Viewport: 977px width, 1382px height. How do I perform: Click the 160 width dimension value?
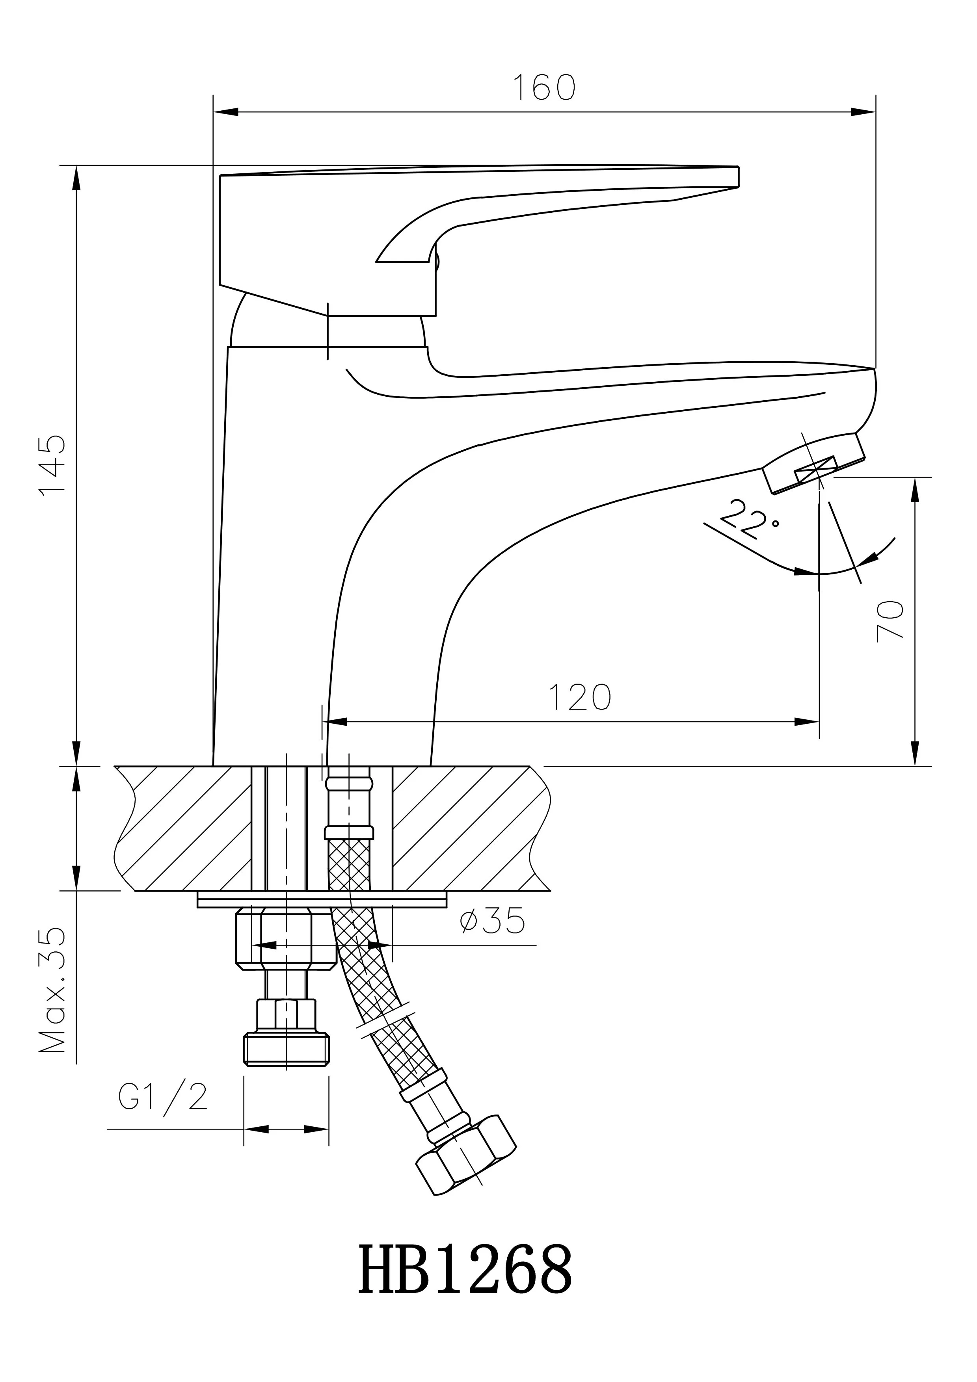543,88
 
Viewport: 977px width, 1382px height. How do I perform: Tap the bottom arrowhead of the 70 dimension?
916,755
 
